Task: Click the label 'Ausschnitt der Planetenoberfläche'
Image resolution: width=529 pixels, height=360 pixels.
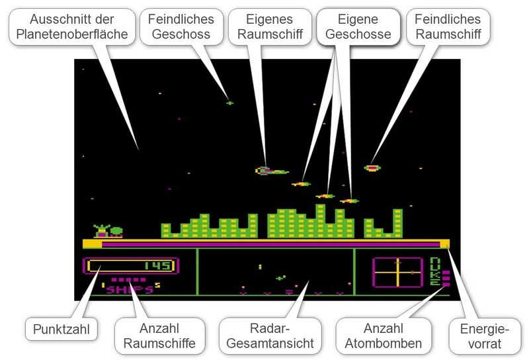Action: click(x=72, y=26)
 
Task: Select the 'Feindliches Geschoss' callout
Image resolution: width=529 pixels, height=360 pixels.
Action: click(x=181, y=26)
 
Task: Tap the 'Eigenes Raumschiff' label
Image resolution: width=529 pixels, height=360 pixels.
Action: click(x=270, y=26)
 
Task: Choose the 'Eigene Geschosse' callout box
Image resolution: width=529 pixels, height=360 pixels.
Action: click(x=358, y=26)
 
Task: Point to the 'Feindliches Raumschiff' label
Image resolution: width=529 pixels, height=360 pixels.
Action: click(x=448, y=26)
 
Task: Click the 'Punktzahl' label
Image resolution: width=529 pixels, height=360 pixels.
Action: click(x=61, y=329)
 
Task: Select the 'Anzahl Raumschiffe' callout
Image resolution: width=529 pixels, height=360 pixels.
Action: click(x=159, y=336)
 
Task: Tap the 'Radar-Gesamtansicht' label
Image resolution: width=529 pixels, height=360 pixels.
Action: click(x=270, y=336)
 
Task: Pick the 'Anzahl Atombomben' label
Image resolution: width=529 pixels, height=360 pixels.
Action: click(x=384, y=336)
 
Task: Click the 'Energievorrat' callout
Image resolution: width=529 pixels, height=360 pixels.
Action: click(x=485, y=336)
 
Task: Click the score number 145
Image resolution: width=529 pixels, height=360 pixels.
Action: click(x=158, y=266)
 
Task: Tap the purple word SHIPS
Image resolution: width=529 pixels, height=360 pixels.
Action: click(x=130, y=290)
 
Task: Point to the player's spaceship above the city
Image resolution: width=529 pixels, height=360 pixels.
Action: click(x=272, y=171)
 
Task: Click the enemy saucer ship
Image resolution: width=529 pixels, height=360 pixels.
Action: click(x=372, y=168)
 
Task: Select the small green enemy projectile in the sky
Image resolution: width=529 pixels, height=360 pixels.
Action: click(x=229, y=103)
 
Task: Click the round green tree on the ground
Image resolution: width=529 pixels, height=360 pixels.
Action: click(x=116, y=232)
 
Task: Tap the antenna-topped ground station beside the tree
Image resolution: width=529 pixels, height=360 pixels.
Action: click(x=102, y=231)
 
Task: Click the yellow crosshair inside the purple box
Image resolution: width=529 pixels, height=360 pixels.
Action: click(x=398, y=273)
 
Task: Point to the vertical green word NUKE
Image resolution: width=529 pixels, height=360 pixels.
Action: click(x=435, y=271)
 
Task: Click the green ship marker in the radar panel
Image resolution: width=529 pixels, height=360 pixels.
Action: click(x=280, y=278)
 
